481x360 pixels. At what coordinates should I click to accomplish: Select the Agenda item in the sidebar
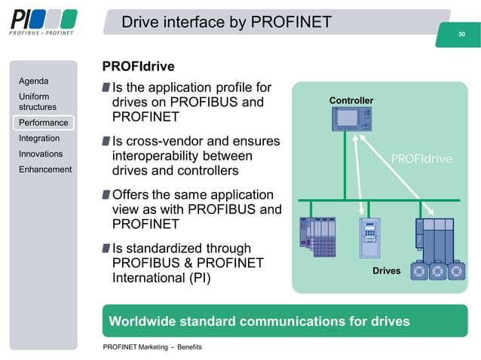pos(34,81)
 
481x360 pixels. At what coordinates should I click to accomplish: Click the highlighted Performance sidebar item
pos(43,123)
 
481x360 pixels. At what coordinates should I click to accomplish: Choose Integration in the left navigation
pos(39,139)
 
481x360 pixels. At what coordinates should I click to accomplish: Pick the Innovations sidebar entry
pos(41,154)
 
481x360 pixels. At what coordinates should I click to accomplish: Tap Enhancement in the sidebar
pos(45,169)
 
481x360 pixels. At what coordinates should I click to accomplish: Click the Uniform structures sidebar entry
pos(38,102)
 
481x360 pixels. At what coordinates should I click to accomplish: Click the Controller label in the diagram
pos(351,100)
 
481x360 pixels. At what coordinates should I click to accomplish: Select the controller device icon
pos(351,121)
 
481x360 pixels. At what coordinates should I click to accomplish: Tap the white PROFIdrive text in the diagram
pos(421,159)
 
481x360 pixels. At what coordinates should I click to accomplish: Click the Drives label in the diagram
pos(387,270)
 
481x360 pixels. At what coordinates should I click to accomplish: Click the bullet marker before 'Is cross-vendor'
pos(106,141)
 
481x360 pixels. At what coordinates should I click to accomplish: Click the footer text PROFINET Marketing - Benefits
pos(152,347)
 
